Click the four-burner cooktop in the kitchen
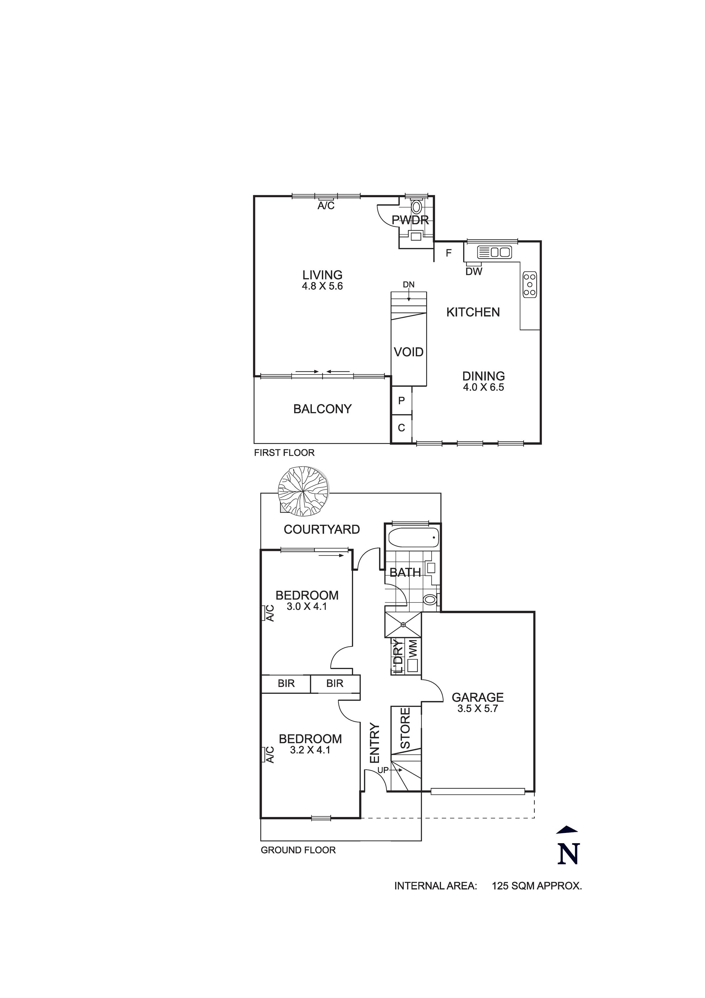pyautogui.click(x=529, y=285)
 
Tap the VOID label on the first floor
pyautogui.click(x=409, y=352)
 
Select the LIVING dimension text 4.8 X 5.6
pyautogui.click(x=323, y=286)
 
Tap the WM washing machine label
pyautogui.click(x=413, y=649)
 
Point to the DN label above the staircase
pyautogui.click(x=409, y=285)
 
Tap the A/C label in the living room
pyautogui.click(x=326, y=205)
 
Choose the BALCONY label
pyautogui.click(x=322, y=409)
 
